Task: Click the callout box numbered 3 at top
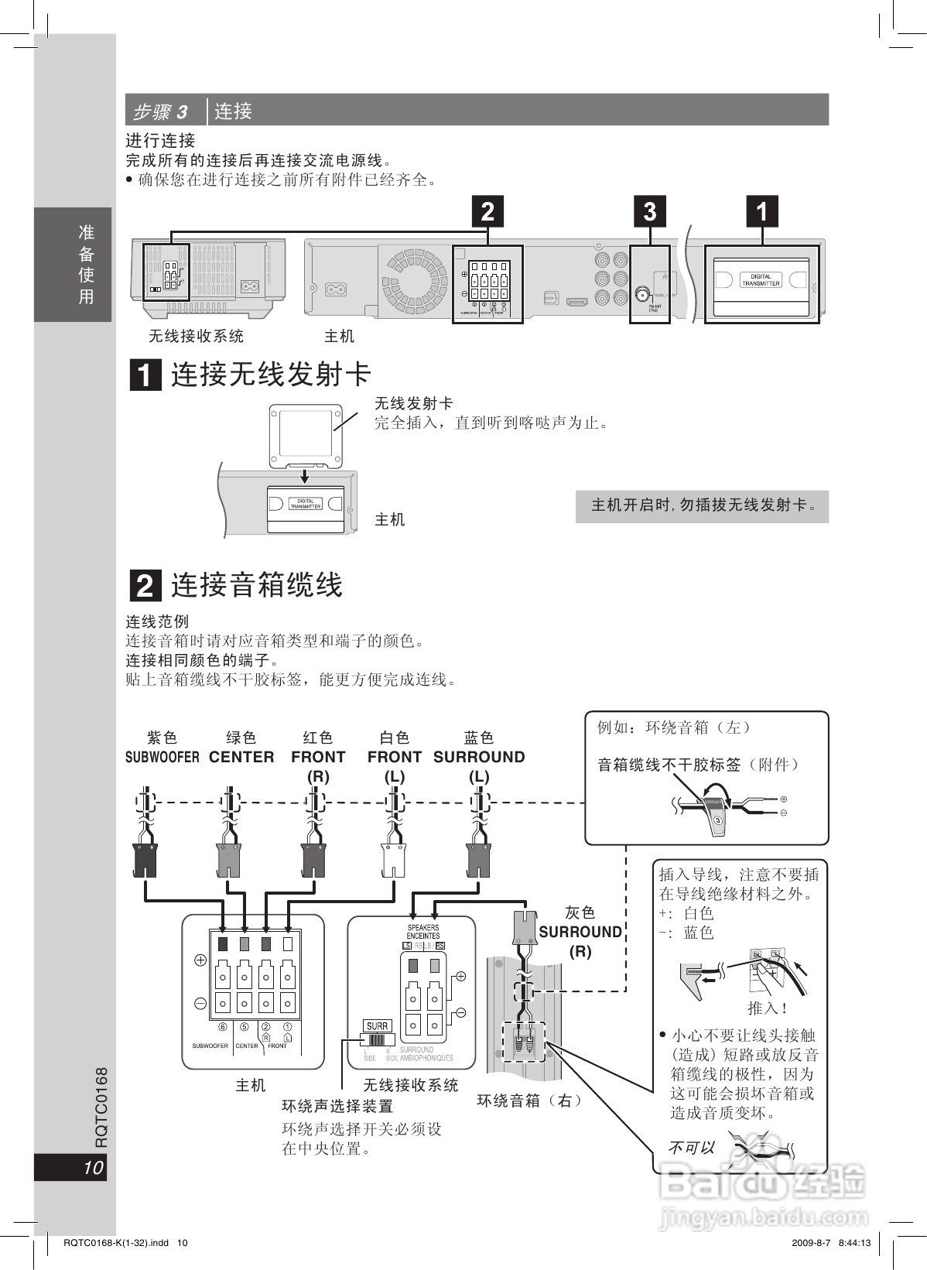pos(650,211)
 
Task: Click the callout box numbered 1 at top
pos(761,211)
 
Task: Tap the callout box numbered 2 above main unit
pos(487,211)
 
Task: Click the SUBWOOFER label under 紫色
pos(162,757)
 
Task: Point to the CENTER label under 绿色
pos(241,757)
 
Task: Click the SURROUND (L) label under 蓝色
pos(479,765)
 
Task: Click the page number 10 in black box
pos(92,1168)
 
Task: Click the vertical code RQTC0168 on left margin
pos(101,1107)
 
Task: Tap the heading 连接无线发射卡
pos(271,375)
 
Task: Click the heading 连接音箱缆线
pos(256,585)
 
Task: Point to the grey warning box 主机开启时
pos(702,506)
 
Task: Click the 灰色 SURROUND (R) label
pos(580,932)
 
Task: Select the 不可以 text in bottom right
pos(691,1148)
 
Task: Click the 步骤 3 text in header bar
pos(160,111)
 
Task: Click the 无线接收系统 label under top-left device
pos(196,336)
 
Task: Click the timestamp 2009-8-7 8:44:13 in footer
pos(832,1243)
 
